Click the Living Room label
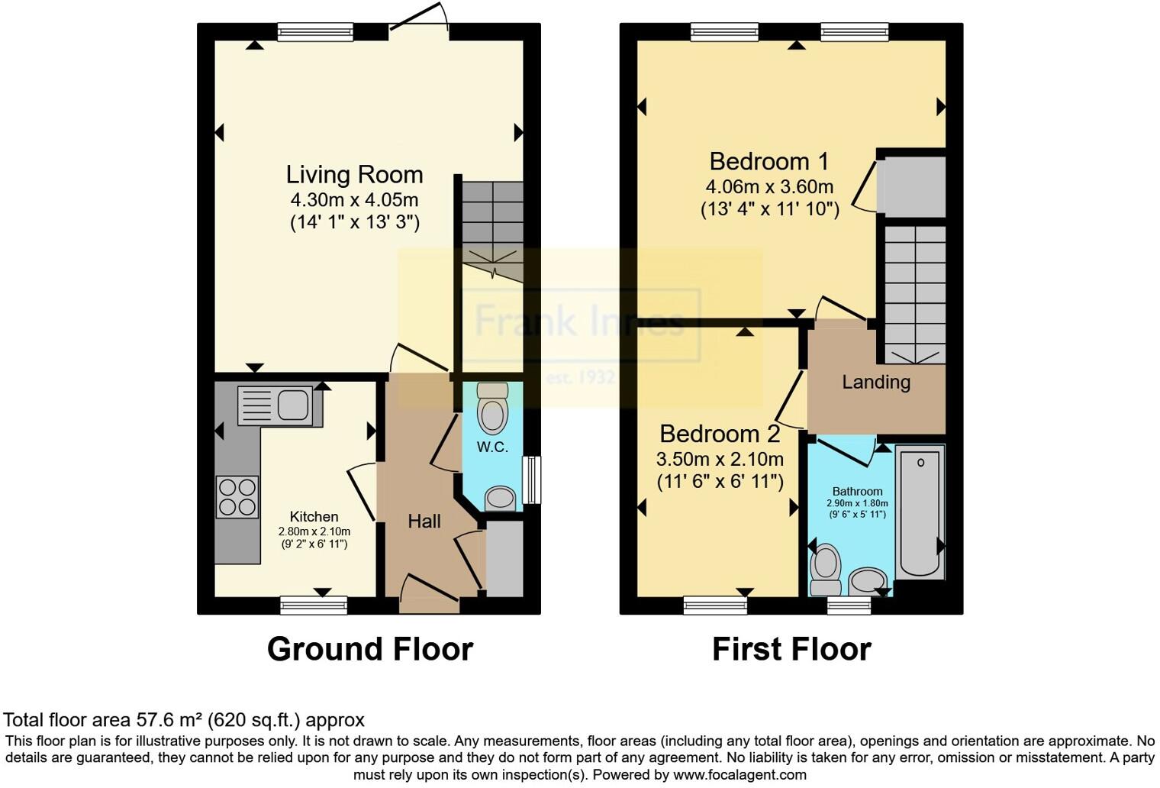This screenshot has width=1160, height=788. [354, 175]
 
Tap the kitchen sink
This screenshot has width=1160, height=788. [279, 405]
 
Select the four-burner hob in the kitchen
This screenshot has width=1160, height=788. [237, 496]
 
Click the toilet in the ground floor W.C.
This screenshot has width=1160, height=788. [492, 409]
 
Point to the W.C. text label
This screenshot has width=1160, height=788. [492, 447]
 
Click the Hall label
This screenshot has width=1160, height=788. [424, 522]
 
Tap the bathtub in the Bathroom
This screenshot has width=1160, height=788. [920, 512]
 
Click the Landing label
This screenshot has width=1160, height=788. [876, 382]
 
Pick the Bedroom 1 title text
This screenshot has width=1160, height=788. [768, 161]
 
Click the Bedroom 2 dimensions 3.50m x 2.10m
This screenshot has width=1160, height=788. [720, 459]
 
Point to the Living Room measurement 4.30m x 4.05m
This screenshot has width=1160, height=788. [354, 200]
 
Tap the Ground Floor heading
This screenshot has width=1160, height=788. [370, 649]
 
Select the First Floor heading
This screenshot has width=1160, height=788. [791, 649]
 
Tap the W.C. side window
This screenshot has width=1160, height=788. [531, 480]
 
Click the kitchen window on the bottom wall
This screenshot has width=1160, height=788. [314, 606]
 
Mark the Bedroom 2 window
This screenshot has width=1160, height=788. [715, 606]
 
